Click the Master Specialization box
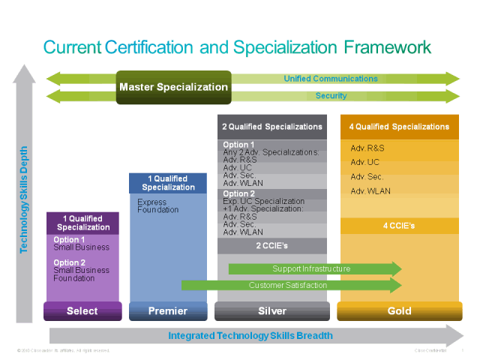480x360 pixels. point(173,87)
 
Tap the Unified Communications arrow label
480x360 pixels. point(331,78)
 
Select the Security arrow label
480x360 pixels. point(331,96)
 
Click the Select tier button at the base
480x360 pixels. point(82,311)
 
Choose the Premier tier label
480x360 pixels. point(168,311)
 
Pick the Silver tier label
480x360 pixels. point(271,311)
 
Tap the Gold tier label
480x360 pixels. point(398,311)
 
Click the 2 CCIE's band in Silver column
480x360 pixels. point(271,246)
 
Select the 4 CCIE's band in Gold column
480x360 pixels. point(398,226)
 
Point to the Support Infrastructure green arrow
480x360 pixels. point(311,268)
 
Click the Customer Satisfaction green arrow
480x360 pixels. point(288,285)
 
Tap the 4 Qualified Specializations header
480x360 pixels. point(398,127)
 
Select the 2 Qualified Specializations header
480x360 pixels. point(272,127)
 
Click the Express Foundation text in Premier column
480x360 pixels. point(158,206)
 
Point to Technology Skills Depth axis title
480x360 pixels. point(24,199)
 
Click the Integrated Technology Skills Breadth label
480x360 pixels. point(250,335)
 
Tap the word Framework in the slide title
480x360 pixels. point(388,47)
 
